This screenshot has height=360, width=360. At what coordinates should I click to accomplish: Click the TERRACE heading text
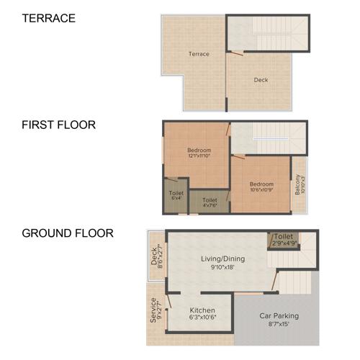[48, 18]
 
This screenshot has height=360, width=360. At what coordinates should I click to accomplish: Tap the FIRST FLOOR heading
[58, 125]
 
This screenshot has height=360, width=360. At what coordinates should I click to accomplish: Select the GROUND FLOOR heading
[67, 233]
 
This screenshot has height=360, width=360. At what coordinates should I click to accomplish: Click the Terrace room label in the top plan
[199, 54]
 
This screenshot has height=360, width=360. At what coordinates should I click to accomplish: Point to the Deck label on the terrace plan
[261, 80]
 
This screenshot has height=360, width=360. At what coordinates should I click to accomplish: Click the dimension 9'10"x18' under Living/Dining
[220, 268]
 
